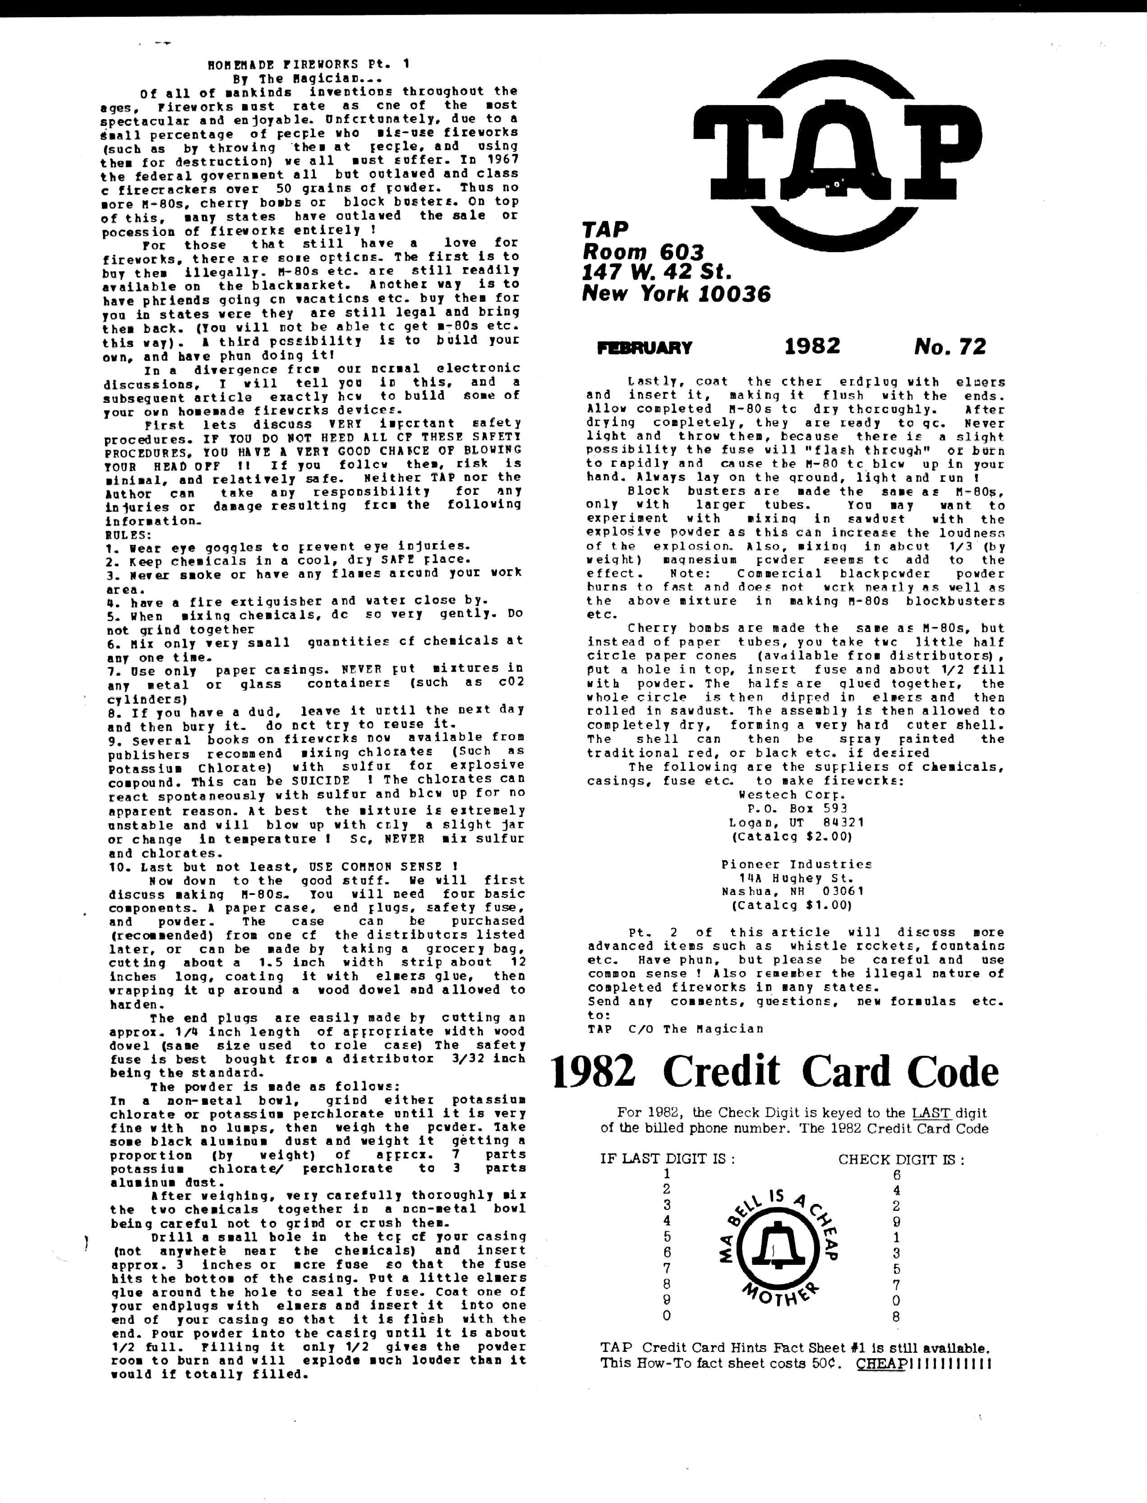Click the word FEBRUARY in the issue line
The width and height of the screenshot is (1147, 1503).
[x=645, y=348]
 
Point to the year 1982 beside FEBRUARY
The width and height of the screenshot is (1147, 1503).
[x=812, y=347]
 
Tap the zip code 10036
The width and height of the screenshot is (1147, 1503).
[x=735, y=294]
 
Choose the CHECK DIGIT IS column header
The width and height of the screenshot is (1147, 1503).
[x=901, y=1159]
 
